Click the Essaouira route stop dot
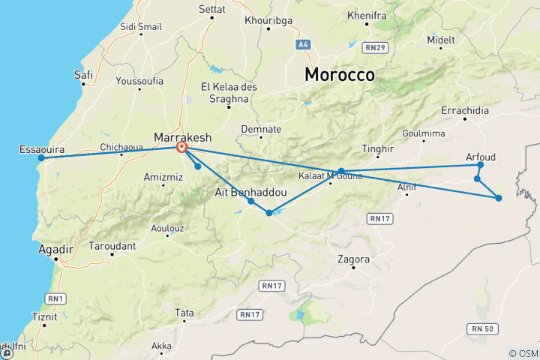coord(42,157)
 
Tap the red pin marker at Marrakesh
coord(182,148)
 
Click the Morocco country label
coord(339,75)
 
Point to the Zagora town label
coord(354,259)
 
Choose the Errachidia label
coord(465,111)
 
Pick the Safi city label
coord(83,74)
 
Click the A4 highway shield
coord(302,45)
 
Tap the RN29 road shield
coord(376,49)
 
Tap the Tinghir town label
coord(377,148)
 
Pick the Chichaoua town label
coord(121,148)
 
